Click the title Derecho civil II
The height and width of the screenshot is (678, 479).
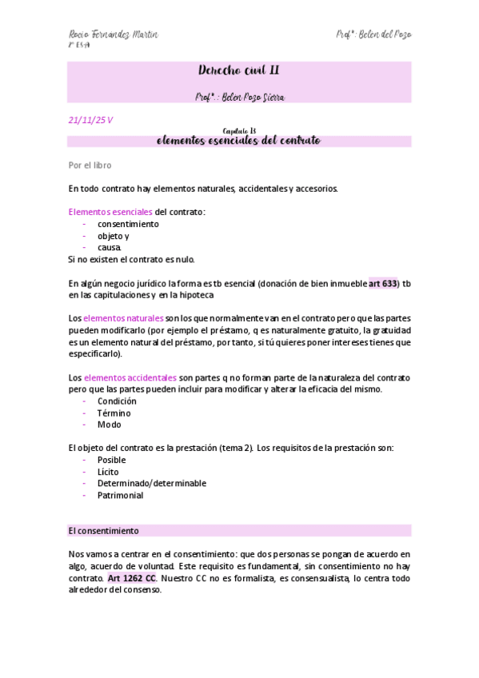[239, 71]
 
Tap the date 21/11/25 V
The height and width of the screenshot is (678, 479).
[90, 120]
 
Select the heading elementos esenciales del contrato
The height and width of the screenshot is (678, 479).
[239, 141]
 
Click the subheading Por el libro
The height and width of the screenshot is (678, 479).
[90, 166]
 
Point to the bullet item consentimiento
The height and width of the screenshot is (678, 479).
[128, 224]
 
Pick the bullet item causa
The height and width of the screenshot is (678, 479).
[110, 248]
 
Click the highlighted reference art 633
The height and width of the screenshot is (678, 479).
[383, 283]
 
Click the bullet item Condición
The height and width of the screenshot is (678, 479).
[117, 401]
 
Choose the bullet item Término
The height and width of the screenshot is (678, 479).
[114, 413]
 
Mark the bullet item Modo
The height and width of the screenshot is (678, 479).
[110, 425]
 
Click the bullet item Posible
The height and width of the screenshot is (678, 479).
[112, 460]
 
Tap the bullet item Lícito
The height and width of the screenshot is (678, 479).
[108, 472]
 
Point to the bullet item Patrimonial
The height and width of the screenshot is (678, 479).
[120, 495]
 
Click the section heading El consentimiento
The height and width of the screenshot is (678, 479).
[103, 530]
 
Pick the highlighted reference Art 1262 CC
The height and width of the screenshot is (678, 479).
[132, 576]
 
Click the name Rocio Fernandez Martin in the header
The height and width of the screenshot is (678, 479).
[113, 34]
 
